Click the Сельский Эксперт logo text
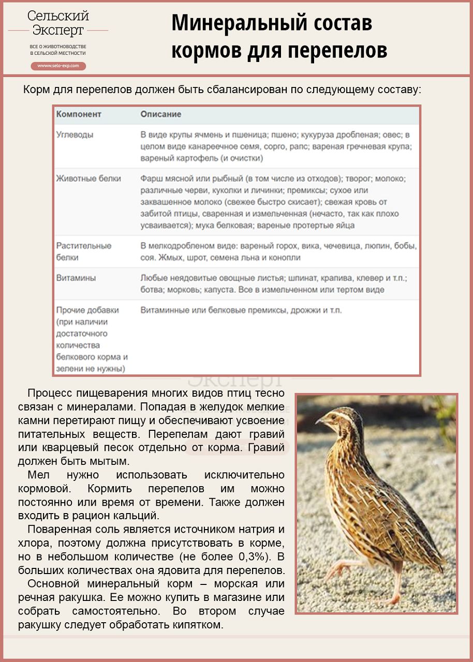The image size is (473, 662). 58,23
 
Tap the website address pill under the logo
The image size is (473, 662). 58,66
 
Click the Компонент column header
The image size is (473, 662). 79,114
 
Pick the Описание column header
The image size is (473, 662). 161,114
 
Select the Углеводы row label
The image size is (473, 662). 75,134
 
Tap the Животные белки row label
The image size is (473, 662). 88,178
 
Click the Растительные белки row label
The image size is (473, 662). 83,251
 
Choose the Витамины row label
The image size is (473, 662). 76,278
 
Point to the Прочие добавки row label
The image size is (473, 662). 87,310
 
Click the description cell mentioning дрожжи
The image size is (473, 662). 241,310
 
